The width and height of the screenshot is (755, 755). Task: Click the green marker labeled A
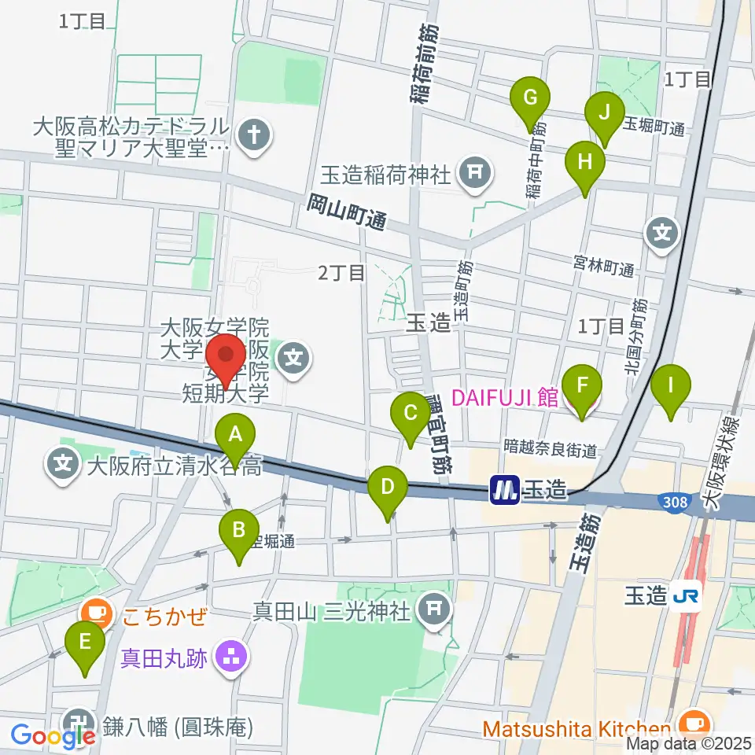tap(235, 434)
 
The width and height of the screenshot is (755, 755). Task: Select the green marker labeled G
tap(530, 98)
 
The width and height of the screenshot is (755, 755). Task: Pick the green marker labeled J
tap(605, 112)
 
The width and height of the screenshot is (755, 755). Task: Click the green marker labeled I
tap(671, 385)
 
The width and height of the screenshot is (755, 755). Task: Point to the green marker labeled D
tap(387, 486)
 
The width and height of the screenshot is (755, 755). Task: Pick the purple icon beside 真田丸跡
tap(230, 657)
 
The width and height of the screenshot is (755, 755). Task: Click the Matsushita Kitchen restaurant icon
tap(692, 721)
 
